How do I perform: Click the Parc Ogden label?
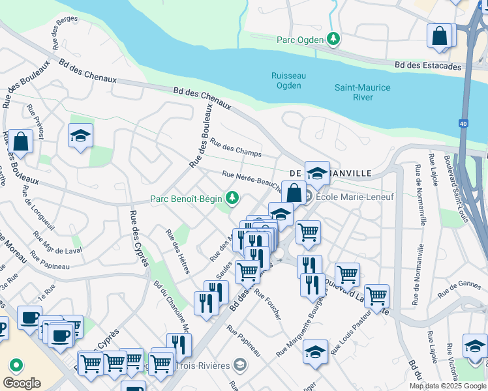[300, 40]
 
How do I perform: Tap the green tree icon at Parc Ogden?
[333, 39]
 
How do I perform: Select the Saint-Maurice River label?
[362, 92]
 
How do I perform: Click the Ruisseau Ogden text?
[288, 80]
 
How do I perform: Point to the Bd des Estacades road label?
[428, 66]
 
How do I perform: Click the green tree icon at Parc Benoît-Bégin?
[231, 197]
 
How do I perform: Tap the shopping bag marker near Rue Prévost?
[20, 141]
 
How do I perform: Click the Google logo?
[22, 383]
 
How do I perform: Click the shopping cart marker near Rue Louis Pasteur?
[376, 296]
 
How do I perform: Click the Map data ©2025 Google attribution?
[448, 386]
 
